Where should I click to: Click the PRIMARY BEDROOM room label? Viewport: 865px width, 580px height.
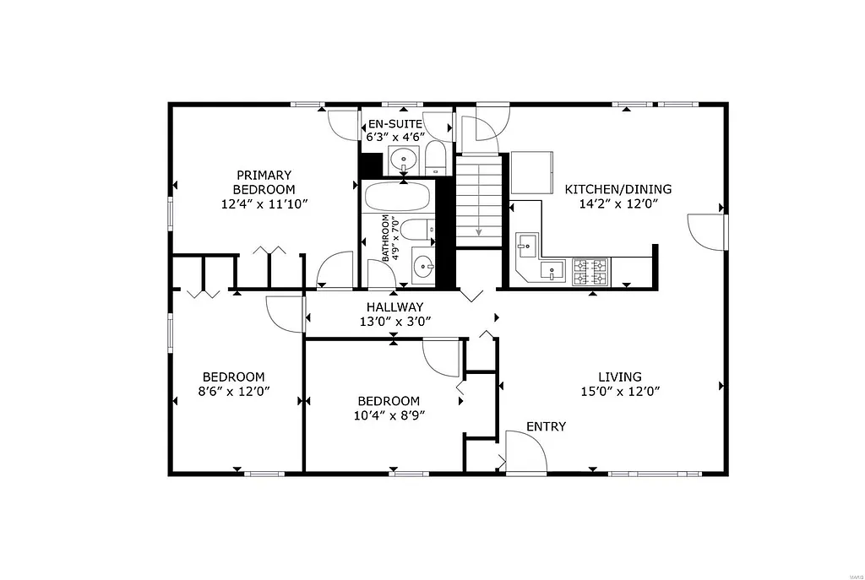pyautogui.click(x=264, y=182)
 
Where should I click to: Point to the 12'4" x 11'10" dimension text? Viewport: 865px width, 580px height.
pyautogui.click(x=264, y=203)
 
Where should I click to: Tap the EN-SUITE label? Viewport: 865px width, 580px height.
pyautogui.click(x=394, y=123)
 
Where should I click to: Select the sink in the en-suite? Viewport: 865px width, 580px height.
pyautogui.click(x=404, y=159)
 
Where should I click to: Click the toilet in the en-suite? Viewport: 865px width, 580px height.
pyautogui.click(x=435, y=159)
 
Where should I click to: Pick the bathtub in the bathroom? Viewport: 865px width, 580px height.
pyautogui.click(x=397, y=198)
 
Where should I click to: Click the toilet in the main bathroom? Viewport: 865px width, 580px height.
pyautogui.click(x=416, y=229)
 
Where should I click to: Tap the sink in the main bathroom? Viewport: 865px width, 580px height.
pyautogui.click(x=422, y=263)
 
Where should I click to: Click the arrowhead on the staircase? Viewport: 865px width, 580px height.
pyautogui.click(x=479, y=232)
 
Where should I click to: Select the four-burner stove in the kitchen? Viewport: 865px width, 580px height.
pyautogui.click(x=590, y=271)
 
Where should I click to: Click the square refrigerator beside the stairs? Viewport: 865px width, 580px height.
pyautogui.click(x=531, y=172)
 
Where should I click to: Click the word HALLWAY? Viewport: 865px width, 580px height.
pyautogui.click(x=394, y=307)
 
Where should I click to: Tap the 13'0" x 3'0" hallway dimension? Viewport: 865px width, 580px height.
pyautogui.click(x=394, y=322)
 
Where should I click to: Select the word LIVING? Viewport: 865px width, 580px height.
pyautogui.click(x=620, y=377)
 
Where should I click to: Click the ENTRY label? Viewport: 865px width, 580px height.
pyautogui.click(x=546, y=426)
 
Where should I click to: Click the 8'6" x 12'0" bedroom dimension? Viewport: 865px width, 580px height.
pyautogui.click(x=233, y=392)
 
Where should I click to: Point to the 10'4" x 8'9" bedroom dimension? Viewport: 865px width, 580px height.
pyautogui.click(x=389, y=415)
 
